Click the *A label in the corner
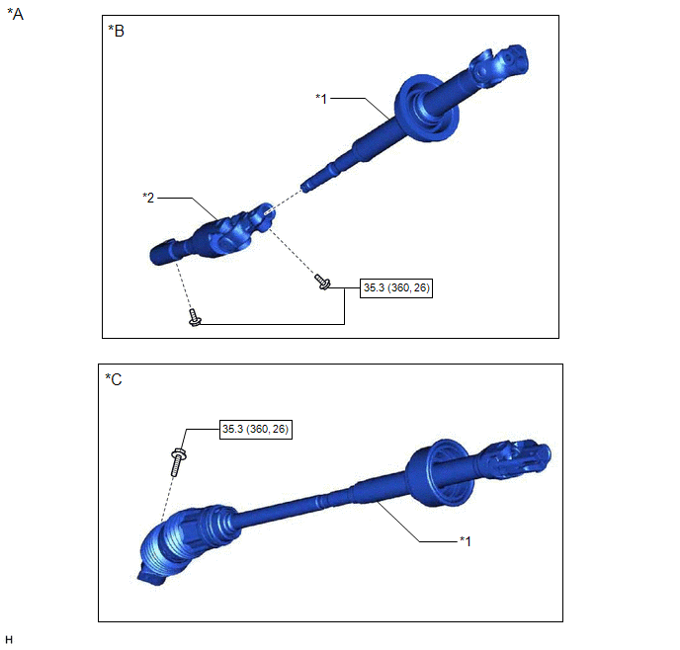pyautogui.click(x=15, y=14)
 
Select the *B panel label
pyautogui.click(x=117, y=31)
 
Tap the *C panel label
pyautogui.click(x=114, y=379)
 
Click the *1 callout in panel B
pyautogui.click(x=321, y=99)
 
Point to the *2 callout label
pyautogui.click(x=148, y=198)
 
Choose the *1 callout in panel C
pyautogui.click(x=466, y=540)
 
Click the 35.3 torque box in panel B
pyautogui.click(x=396, y=287)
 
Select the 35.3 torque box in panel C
pyautogui.click(x=256, y=429)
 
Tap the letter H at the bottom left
pyautogui.click(x=9, y=639)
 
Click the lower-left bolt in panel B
pyautogui.click(x=195, y=318)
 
